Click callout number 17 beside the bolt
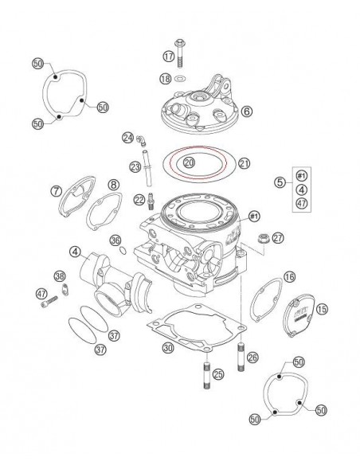168,56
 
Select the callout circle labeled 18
165,78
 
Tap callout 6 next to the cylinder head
246,111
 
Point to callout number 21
244,164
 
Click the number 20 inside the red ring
189,162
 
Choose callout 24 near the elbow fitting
127,138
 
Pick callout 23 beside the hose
135,166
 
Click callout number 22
139,199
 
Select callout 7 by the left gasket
57,191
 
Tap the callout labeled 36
115,240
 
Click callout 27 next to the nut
277,237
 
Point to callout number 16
290,276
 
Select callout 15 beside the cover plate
322,308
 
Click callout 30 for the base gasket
166,347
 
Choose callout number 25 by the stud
217,372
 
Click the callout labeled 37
100,349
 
